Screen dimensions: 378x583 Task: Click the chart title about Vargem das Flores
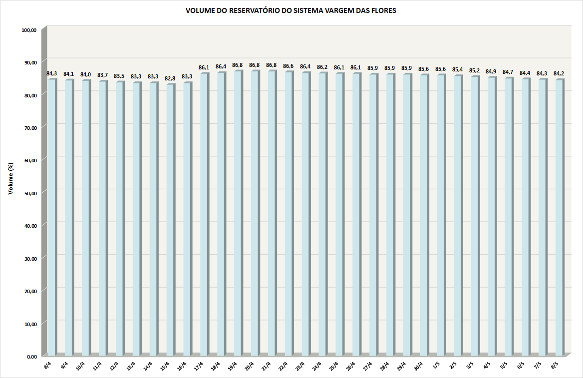coord(291,10)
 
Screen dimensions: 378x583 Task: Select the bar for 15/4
coord(170,220)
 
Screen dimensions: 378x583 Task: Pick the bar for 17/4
coord(204,215)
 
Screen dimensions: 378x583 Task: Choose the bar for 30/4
coord(424,215)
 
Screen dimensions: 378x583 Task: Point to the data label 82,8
coord(170,78)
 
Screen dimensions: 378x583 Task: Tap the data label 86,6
coord(289,66)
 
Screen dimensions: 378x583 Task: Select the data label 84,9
coord(491,71)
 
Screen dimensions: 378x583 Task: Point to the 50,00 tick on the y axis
coord(30,192)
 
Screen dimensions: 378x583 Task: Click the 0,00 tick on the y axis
coord(31,356)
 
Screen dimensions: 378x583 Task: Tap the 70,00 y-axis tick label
coord(30,127)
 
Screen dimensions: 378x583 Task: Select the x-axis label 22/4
coord(283,367)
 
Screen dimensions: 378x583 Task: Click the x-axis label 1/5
coord(436,366)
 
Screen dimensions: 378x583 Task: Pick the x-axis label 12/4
coord(113,367)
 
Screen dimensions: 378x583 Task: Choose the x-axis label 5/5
coord(504,366)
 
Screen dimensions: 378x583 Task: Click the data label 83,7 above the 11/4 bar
coord(102,75)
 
